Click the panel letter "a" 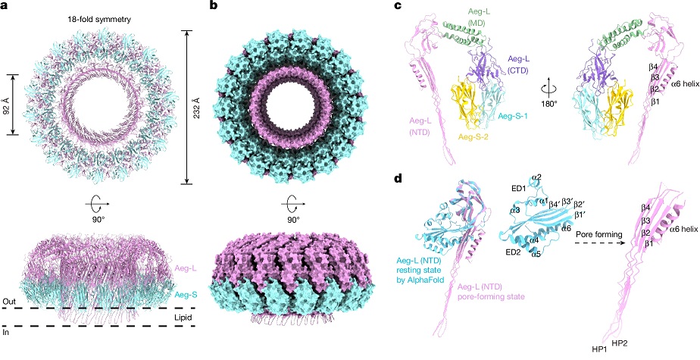(x=5, y=6)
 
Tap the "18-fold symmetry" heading (x=102, y=20)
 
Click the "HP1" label (x=594, y=351)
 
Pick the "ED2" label (x=506, y=259)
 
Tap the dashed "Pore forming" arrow (x=597, y=243)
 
